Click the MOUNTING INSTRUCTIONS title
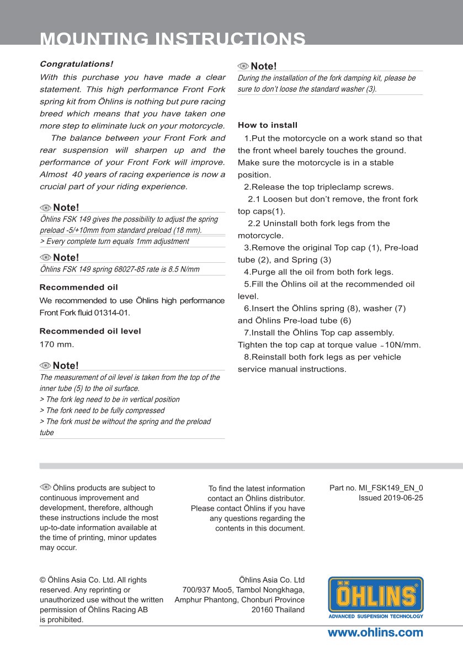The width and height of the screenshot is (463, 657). tap(173, 39)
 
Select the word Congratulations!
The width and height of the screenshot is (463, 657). tap(76, 65)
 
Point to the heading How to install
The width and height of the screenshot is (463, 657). tap(268, 125)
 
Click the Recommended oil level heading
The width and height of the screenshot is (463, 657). tap(90, 331)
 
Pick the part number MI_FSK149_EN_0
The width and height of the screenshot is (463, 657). tap(391, 488)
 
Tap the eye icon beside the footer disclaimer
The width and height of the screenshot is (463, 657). tap(45, 487)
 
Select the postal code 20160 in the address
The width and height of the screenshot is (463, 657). tap(262, 610)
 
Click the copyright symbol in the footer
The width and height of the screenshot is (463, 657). tap(42, 580)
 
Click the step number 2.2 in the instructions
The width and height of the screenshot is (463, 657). tap(254, 224)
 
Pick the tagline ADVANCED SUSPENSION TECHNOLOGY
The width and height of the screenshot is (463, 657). tap(376, 616)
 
